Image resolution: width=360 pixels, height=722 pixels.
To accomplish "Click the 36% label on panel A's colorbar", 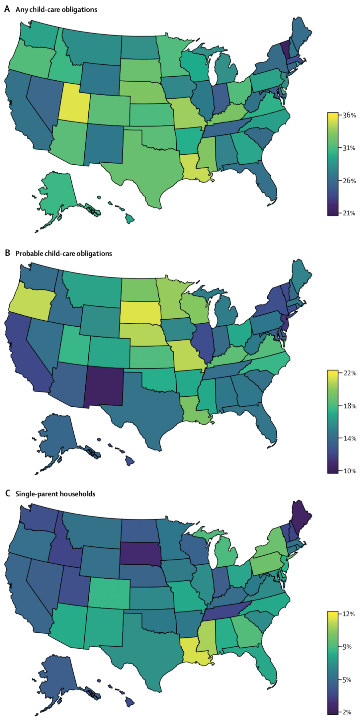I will tap(349, 115).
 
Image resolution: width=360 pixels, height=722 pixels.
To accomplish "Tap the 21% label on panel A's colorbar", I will tap(349, 213).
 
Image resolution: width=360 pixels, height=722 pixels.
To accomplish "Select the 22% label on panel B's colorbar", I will tap(350, 373).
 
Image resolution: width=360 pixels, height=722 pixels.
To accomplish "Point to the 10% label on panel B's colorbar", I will tap(350, 471).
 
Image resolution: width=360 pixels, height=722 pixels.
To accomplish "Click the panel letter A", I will tap(7, 9).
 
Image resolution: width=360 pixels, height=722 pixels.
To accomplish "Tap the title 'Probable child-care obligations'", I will tap(64, 254).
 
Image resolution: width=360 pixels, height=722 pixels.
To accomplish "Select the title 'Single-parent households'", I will tap(55, 494).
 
